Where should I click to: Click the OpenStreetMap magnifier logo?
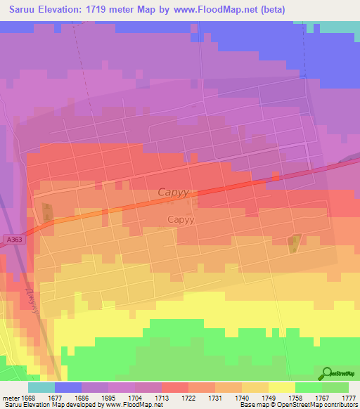click(327, 374)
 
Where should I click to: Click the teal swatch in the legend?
click(41, 387)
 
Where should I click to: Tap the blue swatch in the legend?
click(68, 387)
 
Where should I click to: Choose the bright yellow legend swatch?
click(281, 387)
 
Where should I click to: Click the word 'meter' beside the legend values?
click(11, 398)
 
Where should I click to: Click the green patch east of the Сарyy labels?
click(294, 243)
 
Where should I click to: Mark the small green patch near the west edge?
click(46, 211)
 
